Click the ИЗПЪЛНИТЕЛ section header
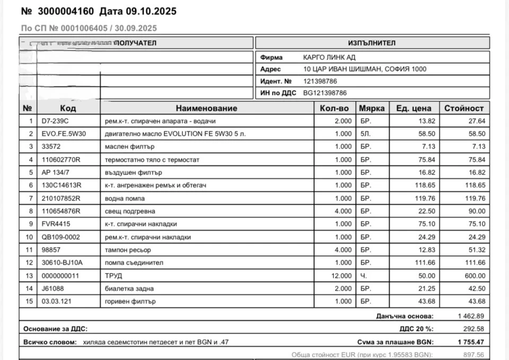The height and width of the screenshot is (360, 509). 372,43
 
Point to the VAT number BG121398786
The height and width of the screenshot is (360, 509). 325,93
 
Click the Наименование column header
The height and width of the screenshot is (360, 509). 207,108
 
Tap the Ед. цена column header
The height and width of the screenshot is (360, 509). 414,108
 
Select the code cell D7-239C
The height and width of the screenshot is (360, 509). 55,121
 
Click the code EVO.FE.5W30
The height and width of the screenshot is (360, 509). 63,134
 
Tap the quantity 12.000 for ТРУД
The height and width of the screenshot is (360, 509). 340,275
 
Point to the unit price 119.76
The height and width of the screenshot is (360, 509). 425,198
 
